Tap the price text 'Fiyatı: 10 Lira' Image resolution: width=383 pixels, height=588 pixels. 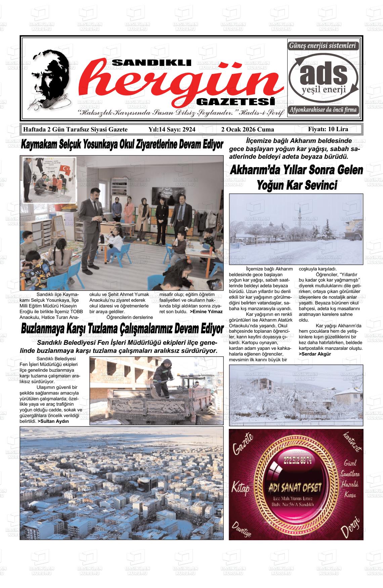(x=328, y=129)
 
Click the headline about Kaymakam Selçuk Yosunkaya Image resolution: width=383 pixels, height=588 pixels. (x=122, y=145)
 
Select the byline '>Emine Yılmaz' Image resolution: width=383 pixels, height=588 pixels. (x=206, y=312)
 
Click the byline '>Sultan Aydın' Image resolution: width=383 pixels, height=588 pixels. (x=53, y=421)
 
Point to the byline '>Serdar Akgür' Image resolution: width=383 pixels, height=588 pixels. (x=315, y=354)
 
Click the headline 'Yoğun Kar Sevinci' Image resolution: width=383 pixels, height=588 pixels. (x=297, y=185)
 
